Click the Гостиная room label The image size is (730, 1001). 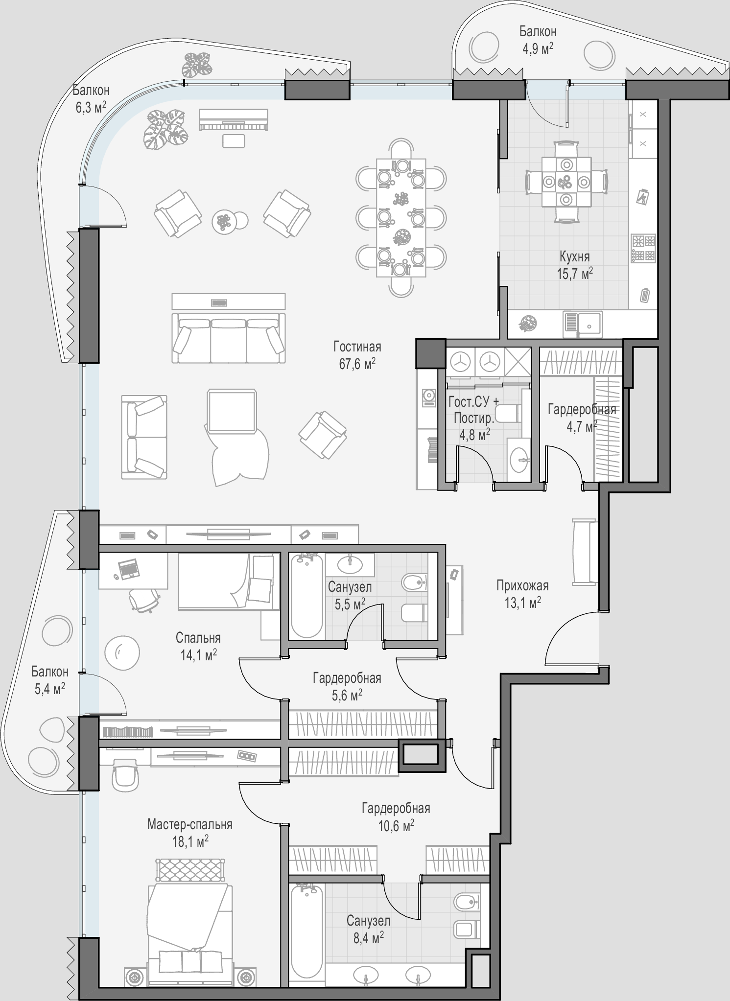(357, 347)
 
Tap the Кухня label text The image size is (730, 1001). (575, 256)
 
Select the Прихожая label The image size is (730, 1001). (522, 585)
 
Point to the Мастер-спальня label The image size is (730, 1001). (190, 825)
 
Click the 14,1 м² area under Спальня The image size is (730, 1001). (199, 654)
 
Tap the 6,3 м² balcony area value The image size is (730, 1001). (91, 107)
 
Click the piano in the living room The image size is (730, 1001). (234, 120)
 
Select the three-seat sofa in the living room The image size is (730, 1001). (229, 338)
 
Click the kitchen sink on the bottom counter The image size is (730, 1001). (583, 324)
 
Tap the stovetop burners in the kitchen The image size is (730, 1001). (643, 248)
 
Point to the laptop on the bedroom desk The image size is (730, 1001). (128, 568)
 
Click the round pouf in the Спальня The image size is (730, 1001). (122, 652)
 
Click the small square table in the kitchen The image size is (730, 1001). (566, 182)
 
